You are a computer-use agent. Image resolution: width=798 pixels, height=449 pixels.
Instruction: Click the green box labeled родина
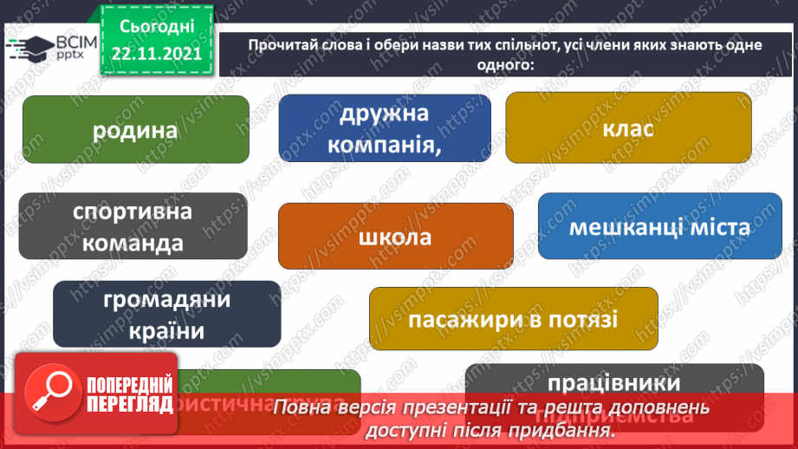coord(135,130)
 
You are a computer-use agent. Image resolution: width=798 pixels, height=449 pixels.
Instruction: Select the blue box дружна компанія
coord(385,128)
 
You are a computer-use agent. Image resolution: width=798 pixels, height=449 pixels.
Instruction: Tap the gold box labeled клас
coord(629,128)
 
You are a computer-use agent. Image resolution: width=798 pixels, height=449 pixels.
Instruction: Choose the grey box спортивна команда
coord(133,225)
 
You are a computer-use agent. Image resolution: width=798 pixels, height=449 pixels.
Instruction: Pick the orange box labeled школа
coord(395,237)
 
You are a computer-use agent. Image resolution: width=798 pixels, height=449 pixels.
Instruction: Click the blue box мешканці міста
coord(659,226)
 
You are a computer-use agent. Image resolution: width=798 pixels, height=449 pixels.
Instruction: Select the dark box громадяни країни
coord(166,314)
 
